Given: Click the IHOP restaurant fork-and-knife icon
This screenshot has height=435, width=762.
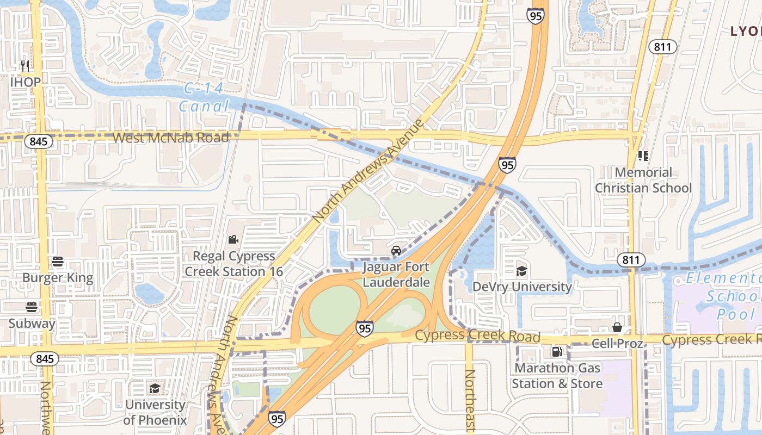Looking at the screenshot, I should [25, 66].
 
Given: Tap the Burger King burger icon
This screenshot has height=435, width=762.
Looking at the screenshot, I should [58, 262].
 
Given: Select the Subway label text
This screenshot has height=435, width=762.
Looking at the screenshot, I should [32, 324].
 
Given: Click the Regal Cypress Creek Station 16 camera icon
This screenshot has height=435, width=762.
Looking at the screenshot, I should [233, 239].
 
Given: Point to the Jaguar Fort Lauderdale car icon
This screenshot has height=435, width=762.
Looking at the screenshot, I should [396, 251].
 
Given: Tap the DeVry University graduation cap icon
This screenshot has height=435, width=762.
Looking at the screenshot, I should [521, 271].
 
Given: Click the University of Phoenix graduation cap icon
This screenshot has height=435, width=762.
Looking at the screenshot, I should [155, 388].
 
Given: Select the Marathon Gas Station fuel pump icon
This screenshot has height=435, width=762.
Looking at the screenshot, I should [557, 352].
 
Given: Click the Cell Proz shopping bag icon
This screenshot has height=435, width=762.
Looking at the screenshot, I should [617, 327].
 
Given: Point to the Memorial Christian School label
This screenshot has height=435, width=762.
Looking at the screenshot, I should [643, 180].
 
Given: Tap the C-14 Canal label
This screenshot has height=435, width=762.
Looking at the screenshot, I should [204, 97].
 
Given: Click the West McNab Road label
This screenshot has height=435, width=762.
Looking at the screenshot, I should [170, 138].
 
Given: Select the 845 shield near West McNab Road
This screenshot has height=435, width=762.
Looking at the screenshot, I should [39, 141].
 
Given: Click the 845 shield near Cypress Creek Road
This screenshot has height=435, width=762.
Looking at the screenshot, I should [45, 359].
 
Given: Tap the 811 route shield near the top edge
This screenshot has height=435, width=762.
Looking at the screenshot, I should [662, 47].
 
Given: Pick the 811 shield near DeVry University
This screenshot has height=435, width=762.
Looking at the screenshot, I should [631, 260].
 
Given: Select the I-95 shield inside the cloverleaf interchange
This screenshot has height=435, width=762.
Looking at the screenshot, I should [365, 328].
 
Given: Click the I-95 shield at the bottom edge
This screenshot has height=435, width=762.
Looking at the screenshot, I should [276, 419].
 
